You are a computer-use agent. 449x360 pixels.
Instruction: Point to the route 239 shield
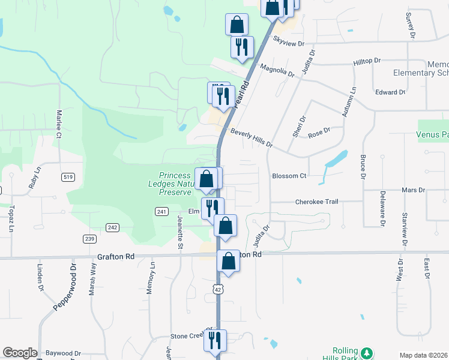click(x=89, y=239)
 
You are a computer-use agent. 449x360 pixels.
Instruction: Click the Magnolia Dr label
click(x=277, y=70)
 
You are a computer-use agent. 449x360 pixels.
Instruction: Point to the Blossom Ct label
click(x=289, y=176)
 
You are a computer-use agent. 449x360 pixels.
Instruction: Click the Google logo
click(x=20, y=353)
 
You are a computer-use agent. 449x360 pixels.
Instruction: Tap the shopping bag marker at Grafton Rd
click(x=228, y=261)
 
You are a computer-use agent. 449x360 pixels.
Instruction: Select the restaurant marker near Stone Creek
click(x=214, y=340)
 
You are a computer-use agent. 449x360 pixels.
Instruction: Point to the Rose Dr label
click(x=319, y=131)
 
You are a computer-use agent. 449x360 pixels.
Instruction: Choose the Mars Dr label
click(x=413, y=190)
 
